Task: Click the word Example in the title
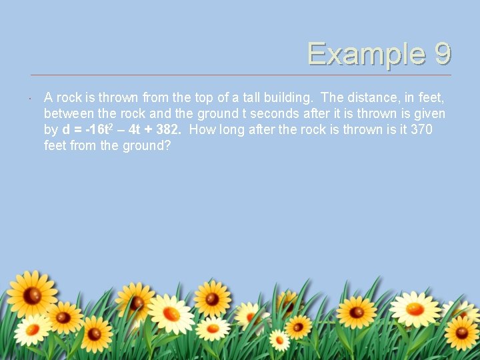pos(363,54)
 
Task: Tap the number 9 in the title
pos(441,54)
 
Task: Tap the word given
pos(430,113)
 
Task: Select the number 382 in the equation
pos(168,129)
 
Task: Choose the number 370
pos(421,129)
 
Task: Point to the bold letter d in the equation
pos(65,129)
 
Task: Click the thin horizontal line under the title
pos(240,75)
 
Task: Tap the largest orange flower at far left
pos(31,294)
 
